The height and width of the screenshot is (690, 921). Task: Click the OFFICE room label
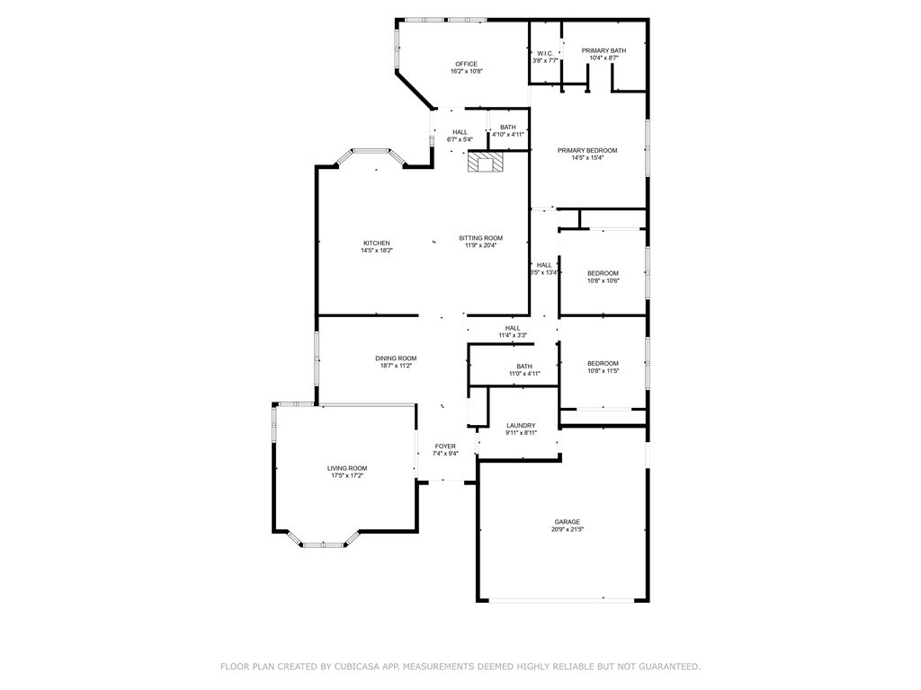point(466,64)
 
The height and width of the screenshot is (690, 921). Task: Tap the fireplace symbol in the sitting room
point(487,163)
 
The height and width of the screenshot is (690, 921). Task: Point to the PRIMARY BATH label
point(604,50)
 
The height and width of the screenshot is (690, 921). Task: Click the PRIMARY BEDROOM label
point(587,150)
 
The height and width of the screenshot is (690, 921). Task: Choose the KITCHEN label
point(376,243)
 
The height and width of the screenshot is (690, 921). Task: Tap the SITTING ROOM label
point(480,238)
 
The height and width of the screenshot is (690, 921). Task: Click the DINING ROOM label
point(396,358)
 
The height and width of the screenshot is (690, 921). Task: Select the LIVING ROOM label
point(346,468)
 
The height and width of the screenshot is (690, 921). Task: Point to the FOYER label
point(445,447)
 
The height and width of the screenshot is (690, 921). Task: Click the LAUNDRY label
point(521,426)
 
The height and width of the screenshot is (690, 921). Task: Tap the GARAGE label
point(567,522)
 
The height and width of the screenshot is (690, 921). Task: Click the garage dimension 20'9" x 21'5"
point(567,529)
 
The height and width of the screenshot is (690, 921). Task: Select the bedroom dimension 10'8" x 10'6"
point(603,280)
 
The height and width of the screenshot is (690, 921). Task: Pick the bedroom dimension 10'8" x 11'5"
point(603,370)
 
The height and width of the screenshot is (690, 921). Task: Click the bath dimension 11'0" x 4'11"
point(523,373)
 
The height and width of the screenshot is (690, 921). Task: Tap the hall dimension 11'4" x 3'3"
point(513,335)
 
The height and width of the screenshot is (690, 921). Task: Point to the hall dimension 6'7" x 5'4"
point(460,139)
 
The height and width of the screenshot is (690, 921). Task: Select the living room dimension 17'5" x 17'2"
point(346,475)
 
